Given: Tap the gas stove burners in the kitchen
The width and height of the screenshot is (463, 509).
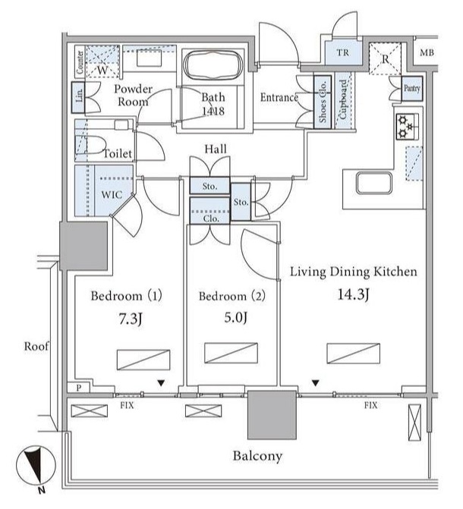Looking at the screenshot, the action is [x=407, y=127].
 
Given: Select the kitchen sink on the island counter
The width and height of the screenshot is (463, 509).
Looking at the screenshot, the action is [x=374, y=183].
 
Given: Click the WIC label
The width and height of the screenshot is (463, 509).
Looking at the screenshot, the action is [x=112, y=195].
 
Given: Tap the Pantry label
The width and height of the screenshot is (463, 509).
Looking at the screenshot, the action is [x=411, y=88].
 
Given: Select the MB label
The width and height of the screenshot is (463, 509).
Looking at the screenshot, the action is [x=427, y=52].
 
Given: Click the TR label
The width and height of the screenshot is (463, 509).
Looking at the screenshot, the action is [x=343, y=52].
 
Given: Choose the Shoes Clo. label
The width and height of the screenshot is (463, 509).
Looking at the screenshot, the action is [x=323, y=102].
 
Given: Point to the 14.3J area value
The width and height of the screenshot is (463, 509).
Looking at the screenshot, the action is [x=354, y=294].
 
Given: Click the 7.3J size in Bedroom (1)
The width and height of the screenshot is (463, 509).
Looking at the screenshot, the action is [x=130, y=319].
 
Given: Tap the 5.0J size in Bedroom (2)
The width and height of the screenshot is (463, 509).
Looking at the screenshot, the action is [x=235, y=317].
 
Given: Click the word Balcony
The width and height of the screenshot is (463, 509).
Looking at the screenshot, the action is [x=257, y=456].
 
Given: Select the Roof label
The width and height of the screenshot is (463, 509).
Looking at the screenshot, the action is [x=36, y=347].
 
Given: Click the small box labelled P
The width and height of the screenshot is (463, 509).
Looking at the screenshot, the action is [x=79, y=388].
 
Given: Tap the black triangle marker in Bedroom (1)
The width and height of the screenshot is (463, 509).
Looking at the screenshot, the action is [x=161, y=383].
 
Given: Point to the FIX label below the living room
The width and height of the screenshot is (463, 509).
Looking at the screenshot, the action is [x=370, y=405].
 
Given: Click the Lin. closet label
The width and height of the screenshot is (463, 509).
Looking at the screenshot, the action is [x=79, y=96].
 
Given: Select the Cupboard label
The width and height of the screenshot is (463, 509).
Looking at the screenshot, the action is [x=343, y=99].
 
